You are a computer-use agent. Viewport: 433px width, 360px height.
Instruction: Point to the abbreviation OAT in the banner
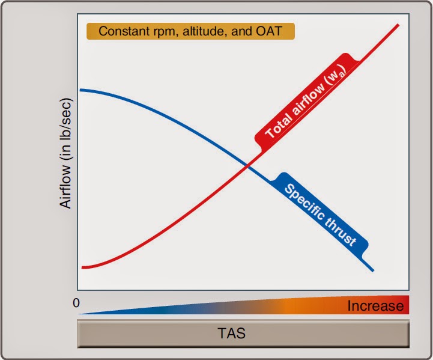268,31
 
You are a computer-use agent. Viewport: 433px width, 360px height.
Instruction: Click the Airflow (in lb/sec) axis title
65,153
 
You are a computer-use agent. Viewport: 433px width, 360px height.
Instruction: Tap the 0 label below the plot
76,303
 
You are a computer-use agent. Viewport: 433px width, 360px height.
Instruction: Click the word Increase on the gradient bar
375,306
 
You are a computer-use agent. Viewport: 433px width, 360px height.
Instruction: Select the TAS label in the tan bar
231,333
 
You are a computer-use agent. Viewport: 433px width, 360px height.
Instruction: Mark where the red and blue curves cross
247,166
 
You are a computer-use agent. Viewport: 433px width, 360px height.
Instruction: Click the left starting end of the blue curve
80,90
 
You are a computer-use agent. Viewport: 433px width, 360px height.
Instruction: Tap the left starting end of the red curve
82,267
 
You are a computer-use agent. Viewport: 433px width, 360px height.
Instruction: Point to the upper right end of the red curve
399,25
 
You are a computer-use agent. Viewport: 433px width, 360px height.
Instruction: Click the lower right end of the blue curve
374,271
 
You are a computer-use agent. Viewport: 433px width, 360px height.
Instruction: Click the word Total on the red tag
279,126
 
